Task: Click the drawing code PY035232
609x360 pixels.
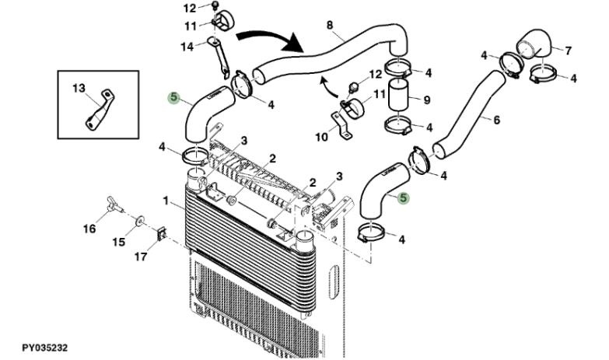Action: pos(44,348)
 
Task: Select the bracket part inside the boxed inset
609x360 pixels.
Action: pos(100,110)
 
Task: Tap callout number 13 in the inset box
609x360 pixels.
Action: pos(79,89)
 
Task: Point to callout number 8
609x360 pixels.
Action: pos(330,25)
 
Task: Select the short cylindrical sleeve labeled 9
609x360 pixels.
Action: pos(399,95)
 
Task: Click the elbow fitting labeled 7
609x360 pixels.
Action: pos(534,44)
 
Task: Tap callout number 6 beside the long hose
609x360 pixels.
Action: pos(496,120)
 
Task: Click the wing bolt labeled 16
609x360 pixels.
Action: pos(114,204)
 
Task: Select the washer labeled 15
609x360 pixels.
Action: pos(138,222)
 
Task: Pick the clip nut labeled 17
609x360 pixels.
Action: pos(162,233)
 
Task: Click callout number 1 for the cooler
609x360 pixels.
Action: pos(166,201)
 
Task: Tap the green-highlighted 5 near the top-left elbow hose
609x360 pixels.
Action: pos(173,97)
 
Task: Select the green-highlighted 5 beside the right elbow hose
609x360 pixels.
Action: pos(404,197)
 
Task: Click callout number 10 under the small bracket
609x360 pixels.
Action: pos(321,137)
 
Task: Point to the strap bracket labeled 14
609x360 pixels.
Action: pos(219,56)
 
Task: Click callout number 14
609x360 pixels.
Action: pos(187,47)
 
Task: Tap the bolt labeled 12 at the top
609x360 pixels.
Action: pos(215,5)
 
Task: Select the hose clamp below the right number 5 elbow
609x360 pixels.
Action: pos(372,232)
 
